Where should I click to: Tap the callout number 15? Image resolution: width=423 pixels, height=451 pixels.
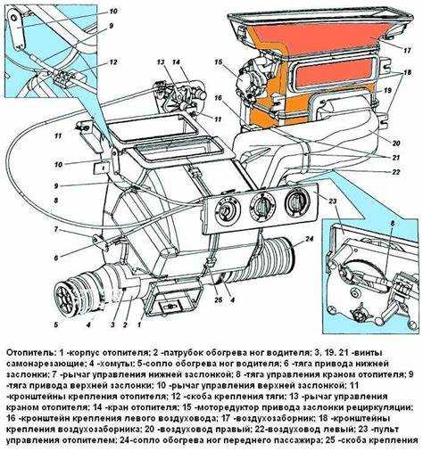tap(217, 61)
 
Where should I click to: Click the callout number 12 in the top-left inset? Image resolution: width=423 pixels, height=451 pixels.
tap(113, 62)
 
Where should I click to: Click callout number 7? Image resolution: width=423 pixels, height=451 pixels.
tap(56, 229)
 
